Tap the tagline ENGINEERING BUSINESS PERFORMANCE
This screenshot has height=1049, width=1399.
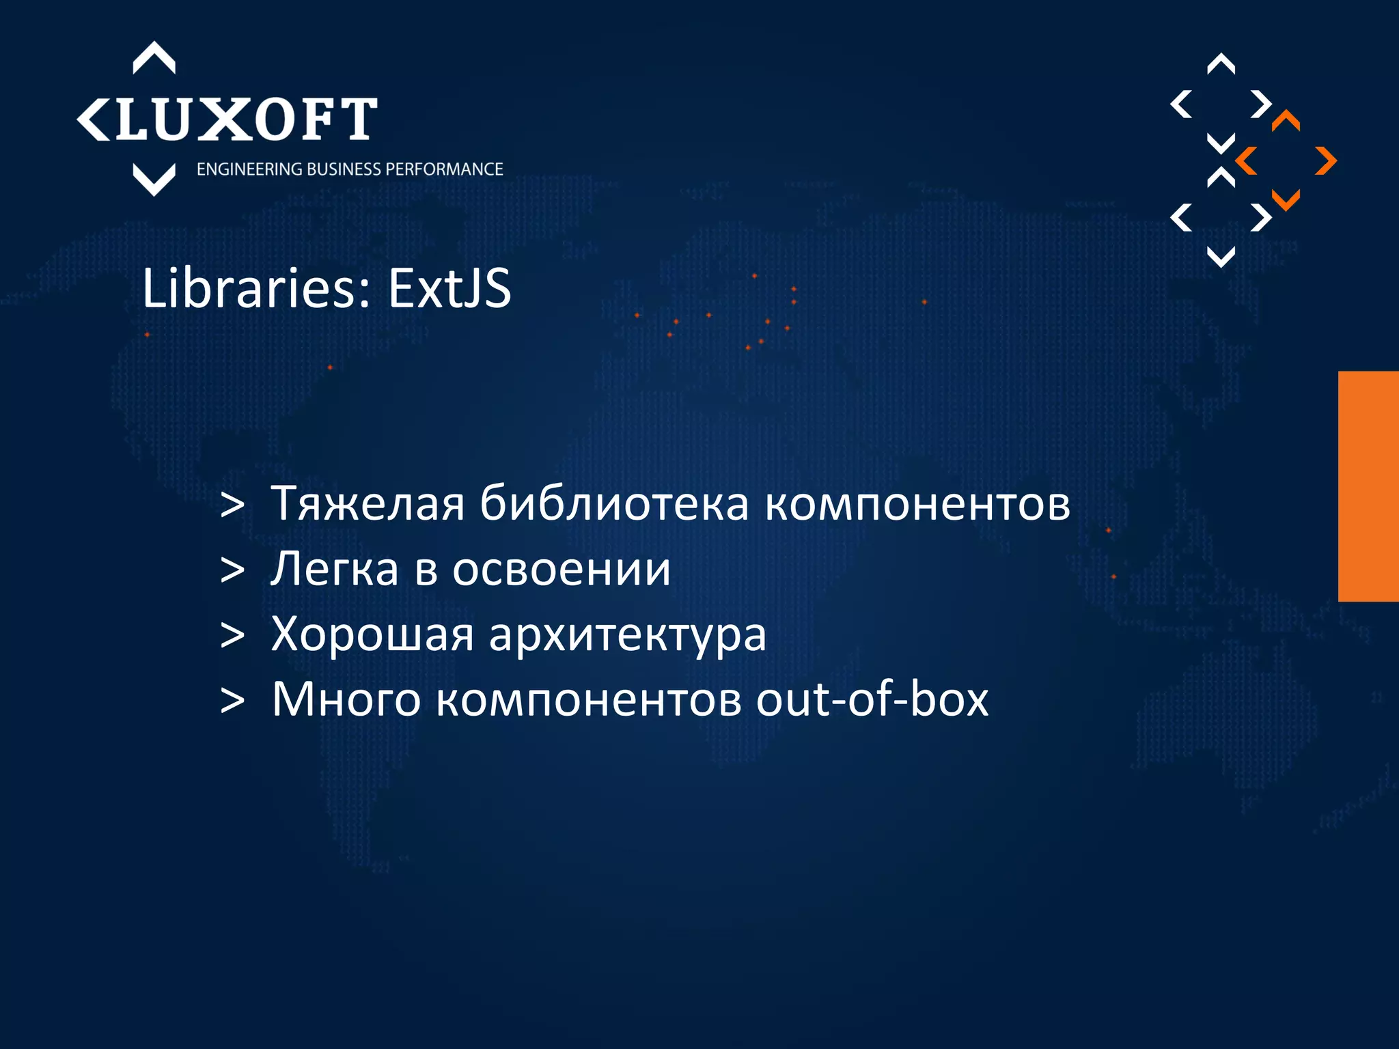click(x=350, y=169)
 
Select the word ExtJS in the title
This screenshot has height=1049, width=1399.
click(x=449, y=288)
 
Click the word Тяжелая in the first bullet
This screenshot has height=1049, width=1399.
click(x=368, y=504)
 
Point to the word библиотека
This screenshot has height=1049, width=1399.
click(x=613, y=504)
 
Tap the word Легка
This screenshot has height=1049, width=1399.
click(x=334, y=569)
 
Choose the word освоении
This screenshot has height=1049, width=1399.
click(x=561, y=569)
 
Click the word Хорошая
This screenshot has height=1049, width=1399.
click(x=372, y=634)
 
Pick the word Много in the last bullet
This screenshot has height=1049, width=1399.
click(x=346, y=699)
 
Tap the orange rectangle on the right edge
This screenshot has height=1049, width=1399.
click(x=1368, y=486)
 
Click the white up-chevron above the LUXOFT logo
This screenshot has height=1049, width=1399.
click(x=154, y=58)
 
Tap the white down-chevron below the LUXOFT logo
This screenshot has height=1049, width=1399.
click(x=154, y=179)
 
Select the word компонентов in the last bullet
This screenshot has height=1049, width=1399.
click(x=588, y=701)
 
